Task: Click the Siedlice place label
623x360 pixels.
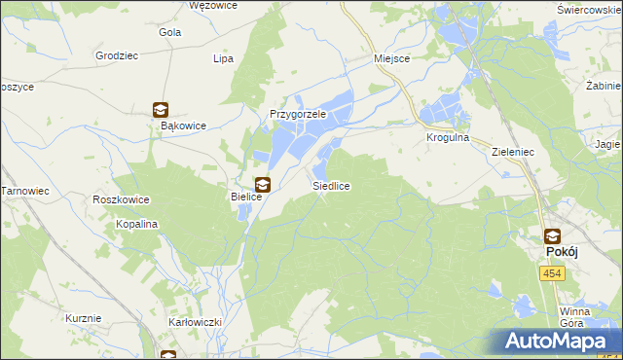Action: pos(331,185)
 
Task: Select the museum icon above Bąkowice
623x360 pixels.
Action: pos(161,111)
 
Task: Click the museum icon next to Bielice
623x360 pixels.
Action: pos(262,184)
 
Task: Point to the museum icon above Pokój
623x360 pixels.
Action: pos(552,236)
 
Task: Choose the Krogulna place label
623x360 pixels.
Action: pos(448,138)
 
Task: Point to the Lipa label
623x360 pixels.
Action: pos(224,58)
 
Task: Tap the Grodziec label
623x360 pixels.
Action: pos(116,55)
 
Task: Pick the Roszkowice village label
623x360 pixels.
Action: pos(121,199)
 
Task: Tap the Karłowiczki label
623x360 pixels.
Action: pos(196,321)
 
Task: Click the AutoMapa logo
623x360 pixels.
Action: pos(558,342)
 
